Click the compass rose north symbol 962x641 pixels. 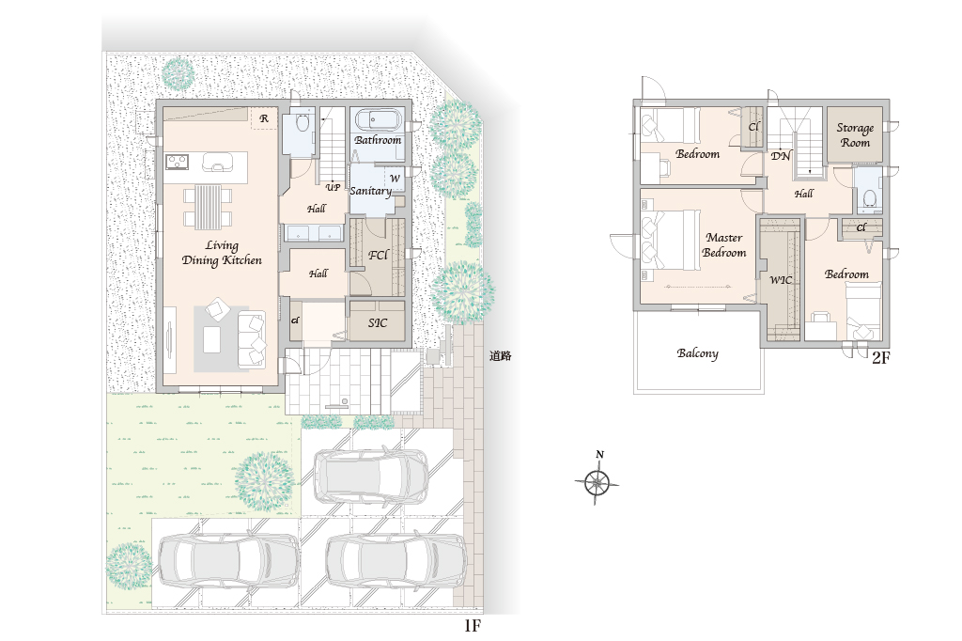point(597,479)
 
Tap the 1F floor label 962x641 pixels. point(472,626)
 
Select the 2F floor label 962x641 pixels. point(880,358)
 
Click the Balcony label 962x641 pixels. point(698,353)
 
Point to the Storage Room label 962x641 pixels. point(855,135)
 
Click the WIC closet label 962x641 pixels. point(781,280)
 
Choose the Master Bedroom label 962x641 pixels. point(724,245)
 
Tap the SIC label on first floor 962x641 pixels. point(378,322)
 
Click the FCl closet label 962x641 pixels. point(378,254)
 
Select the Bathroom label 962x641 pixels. point(378,140)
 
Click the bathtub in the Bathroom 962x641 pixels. point(378,120)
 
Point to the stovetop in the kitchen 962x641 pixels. point(177,162)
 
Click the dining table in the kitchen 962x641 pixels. point(208,206)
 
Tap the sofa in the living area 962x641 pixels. point(252,339)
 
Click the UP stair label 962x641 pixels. point(333,187)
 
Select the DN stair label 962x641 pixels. point(781,156)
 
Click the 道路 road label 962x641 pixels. point(500,355)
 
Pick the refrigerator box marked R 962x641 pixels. point(264,117)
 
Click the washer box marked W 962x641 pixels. point(395,178)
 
